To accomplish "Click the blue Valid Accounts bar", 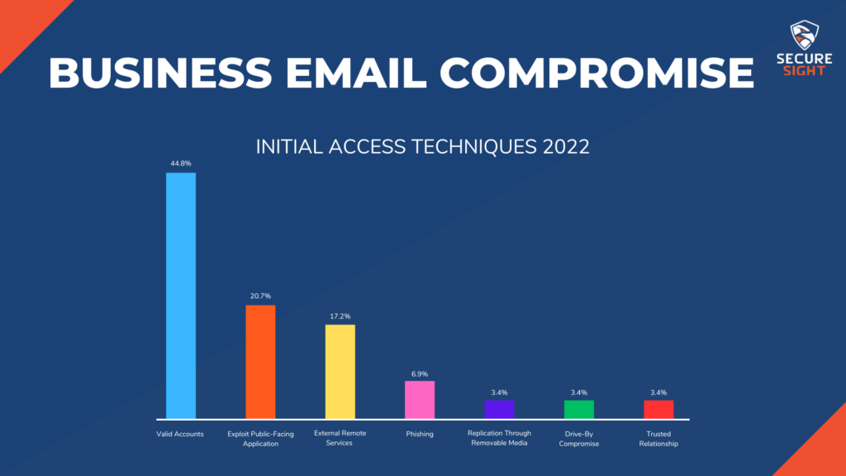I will [181, 295].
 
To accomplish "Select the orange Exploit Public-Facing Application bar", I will [260, 361].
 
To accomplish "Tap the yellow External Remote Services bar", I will [340, 371].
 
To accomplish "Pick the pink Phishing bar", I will [420, 399].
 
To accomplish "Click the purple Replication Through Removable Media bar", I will [499, 409].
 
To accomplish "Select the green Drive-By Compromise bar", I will [578, 409].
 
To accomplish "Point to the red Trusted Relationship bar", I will [658, 409].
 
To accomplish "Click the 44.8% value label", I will [181, 164].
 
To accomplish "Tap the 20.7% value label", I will [260, 296].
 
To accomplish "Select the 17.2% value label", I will [340, 316].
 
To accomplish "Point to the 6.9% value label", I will [420, 372].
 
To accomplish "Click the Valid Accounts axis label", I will [180, 434].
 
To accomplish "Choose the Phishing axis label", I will [420, 434].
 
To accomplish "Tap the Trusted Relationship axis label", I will [658, 438].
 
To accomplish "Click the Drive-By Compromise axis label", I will [578, 438].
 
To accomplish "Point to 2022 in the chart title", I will [565, 147].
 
